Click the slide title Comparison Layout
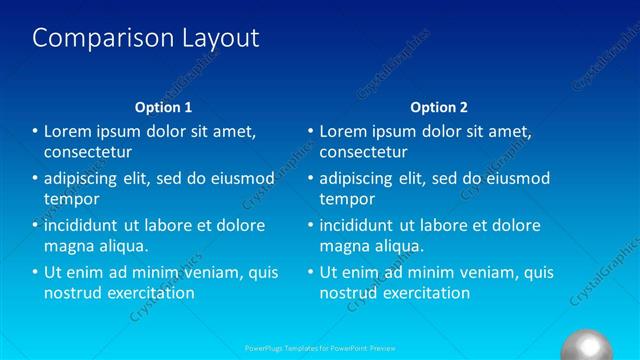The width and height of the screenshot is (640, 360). point(146,38)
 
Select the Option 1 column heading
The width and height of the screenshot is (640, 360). point(162,107)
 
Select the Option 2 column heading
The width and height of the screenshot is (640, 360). point(438,107)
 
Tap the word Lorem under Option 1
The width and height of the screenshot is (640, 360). point(69,131)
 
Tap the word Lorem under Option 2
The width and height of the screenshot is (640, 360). point(345,131)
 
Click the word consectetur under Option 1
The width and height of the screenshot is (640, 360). point(88,152)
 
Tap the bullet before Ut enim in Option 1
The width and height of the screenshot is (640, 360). point(35,272)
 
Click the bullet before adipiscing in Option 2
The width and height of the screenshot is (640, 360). point(311,178)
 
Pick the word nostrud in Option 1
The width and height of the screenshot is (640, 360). point(73,293)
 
